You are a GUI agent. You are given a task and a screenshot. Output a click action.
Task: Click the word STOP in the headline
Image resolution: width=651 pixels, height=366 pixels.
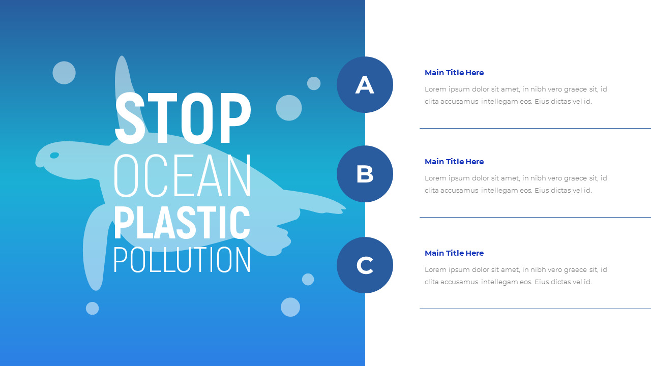pos(183,118)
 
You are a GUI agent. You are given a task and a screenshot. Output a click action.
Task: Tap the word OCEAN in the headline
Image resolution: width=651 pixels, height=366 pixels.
pos(183,176)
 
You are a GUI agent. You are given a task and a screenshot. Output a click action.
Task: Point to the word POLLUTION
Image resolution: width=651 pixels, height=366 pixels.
pos(182,260)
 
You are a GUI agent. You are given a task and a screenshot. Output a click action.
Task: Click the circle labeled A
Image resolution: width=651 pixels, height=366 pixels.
pos(365,85)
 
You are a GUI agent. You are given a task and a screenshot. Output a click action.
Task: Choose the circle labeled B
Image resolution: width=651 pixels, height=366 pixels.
pos(365,174)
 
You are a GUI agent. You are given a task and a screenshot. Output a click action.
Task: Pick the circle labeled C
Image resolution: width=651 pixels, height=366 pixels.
pos(365,265)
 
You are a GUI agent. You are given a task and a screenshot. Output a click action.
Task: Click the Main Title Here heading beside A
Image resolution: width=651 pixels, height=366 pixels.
pos(454,73)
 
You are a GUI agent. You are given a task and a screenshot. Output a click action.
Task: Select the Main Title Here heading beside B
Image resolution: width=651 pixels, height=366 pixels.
pos(454,162)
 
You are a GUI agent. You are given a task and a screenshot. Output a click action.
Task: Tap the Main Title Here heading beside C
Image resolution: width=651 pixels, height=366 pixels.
pos(454,253)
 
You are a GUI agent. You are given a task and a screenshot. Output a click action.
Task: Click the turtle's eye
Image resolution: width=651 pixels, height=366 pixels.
pos(54,155)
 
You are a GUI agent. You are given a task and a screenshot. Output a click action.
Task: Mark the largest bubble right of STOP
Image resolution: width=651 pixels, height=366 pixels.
pos(289,108)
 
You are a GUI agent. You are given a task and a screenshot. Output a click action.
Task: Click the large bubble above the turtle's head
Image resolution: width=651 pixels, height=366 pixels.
pos(64,73)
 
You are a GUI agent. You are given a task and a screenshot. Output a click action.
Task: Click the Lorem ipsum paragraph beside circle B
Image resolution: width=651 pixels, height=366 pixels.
pos(516,185)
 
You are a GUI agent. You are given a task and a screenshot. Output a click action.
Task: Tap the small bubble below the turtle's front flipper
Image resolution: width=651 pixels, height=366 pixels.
pos(92,308)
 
